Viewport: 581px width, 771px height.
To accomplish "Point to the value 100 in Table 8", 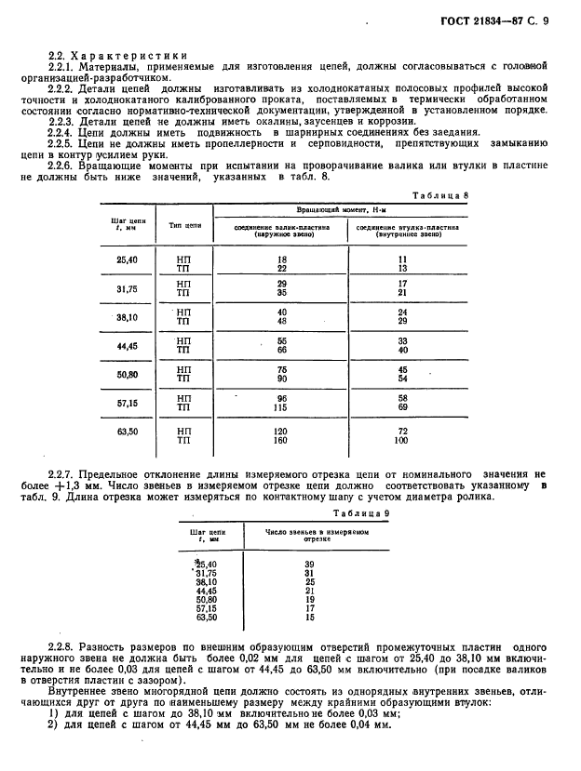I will pos(402,441).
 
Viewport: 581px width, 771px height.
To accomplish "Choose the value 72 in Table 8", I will pos(402,432).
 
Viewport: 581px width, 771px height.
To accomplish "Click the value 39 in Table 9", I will pos(310,565).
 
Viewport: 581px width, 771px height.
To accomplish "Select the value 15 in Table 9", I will pos(310,618).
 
